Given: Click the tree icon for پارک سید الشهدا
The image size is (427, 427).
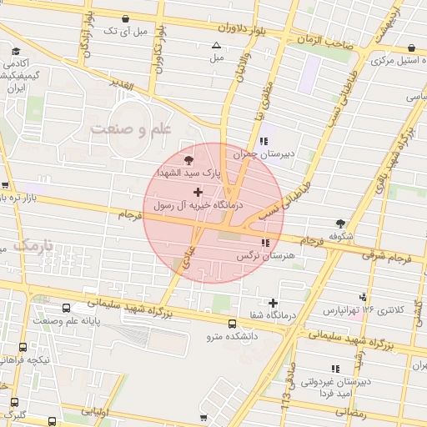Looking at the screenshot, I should pyautogui.click(x=189, y=158).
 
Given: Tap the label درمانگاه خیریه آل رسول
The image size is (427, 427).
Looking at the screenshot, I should pyautogui.click(x=198, y=204).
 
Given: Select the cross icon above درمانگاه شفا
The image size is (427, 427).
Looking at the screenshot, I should pyautogui.click(x=273, y=303).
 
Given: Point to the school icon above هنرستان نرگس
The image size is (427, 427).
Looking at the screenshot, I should pyautogui.click(x=265, y=243).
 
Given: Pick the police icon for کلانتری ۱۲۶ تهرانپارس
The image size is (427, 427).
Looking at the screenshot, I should pyautogui.click(x=362, y=297).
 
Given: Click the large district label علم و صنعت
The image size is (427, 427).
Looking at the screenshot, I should pyautogui.click(x=131, y=129).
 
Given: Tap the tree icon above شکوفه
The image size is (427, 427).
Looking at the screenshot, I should pyautogui.click(x=340, y=224).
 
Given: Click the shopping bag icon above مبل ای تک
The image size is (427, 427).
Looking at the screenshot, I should pyautogui.click(x=125, y=18).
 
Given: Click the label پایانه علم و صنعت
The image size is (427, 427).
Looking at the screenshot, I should pyautogui.click(x=66, y=319).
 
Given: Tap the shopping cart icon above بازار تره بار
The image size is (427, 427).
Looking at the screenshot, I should pyautogui.click(x=6, y=186).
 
